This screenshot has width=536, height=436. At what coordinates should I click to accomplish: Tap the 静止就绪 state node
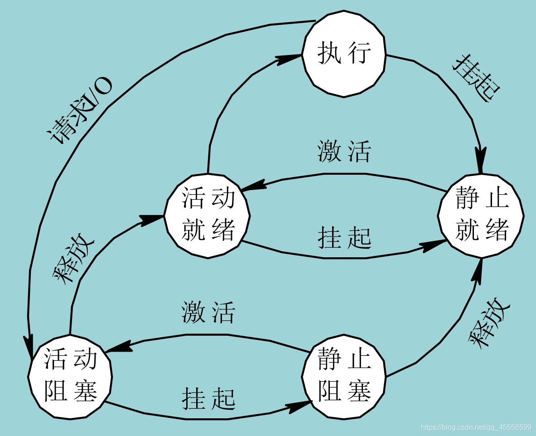coord(481,216)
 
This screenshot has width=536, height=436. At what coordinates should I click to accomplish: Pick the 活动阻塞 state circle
coord(70,377)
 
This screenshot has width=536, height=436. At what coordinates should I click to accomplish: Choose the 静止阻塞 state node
coord(344,376)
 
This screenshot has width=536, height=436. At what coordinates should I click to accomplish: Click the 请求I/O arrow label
coord(79,111)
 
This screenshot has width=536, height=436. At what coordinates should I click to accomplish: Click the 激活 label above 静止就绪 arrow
coord(344,152)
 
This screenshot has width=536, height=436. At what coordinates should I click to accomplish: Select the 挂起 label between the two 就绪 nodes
coord(344,237)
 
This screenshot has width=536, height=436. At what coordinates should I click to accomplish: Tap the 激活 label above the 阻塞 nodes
coord(208,313)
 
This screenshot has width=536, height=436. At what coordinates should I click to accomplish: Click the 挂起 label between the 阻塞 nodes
coord(208,399)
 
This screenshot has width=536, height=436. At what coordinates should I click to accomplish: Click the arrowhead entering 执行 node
coord(290,58)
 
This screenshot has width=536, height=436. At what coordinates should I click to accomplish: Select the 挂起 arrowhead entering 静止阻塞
coord(300,406)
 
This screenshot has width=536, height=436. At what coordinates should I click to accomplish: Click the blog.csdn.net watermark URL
coord(476,427)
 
